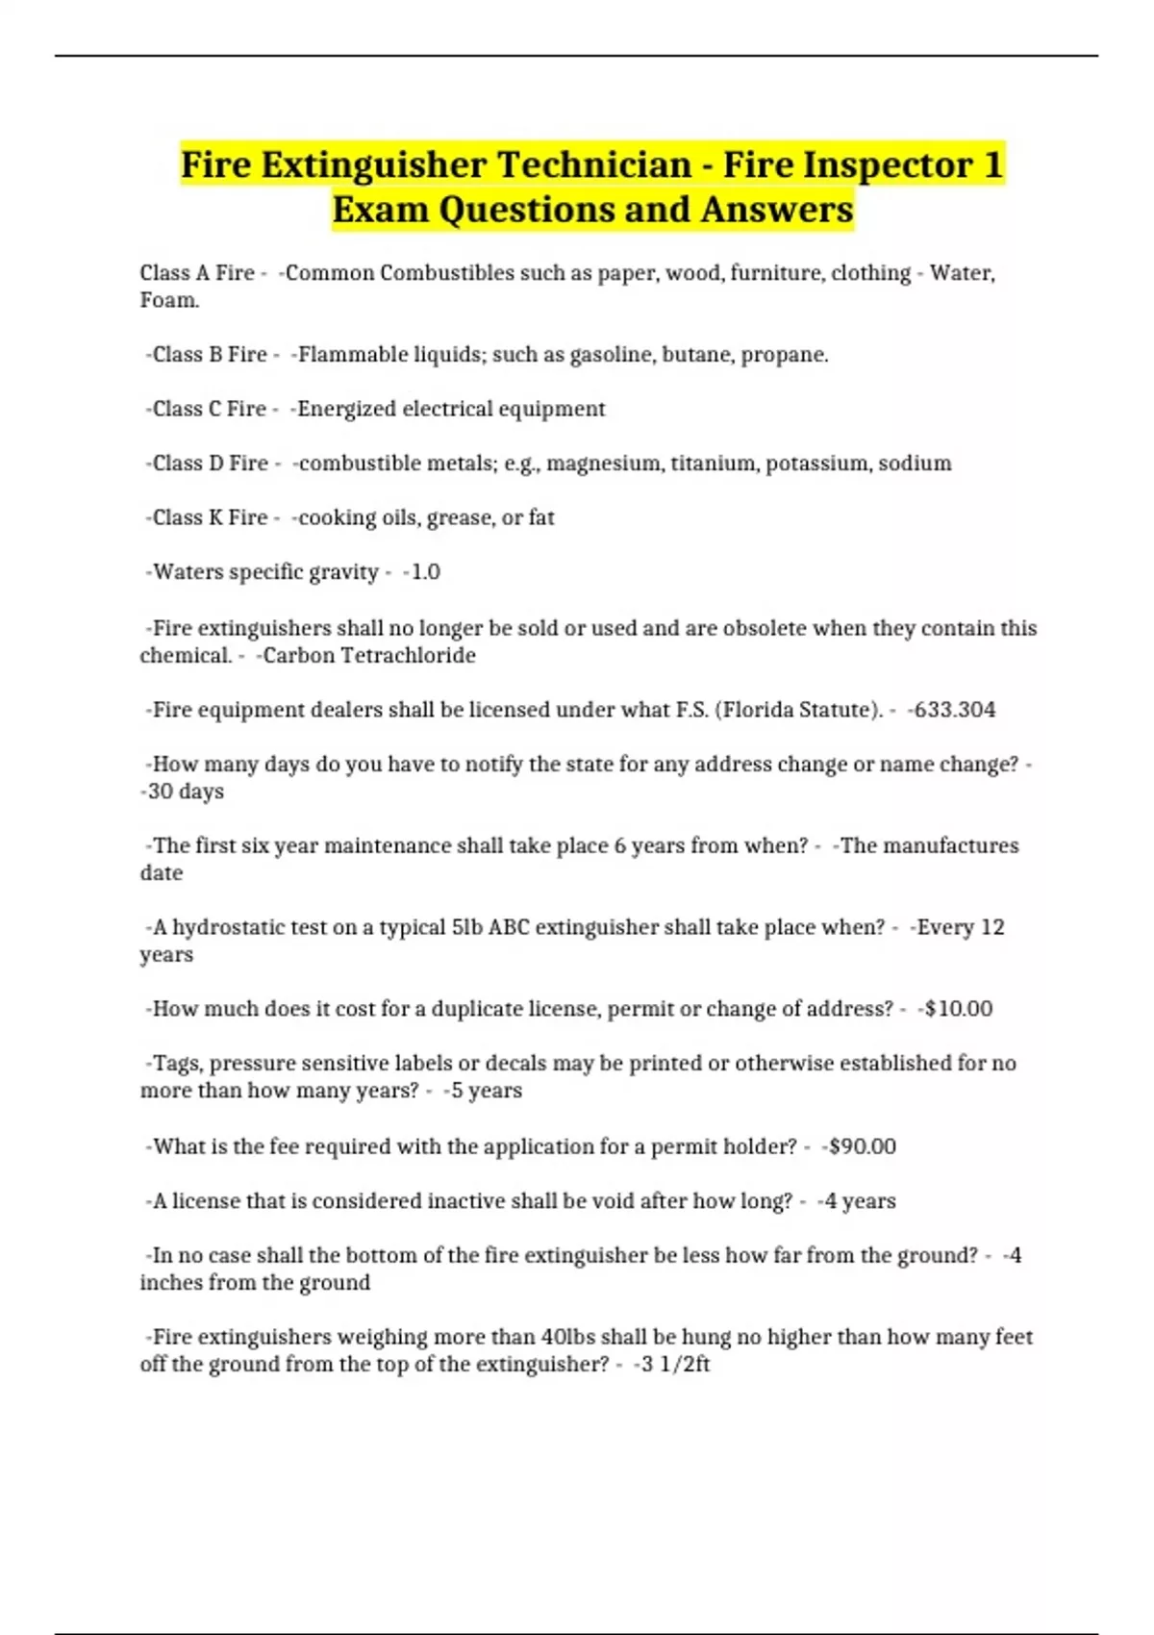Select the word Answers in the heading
(x=777, y=210)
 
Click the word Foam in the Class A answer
(x=168, y=301)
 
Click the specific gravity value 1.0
(x=424, y=572)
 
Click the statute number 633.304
(x=954, y=711)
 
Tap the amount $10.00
(x=958, y=1010)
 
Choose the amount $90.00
(x=862, y=1147)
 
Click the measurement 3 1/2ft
(x=674, y=1365)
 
